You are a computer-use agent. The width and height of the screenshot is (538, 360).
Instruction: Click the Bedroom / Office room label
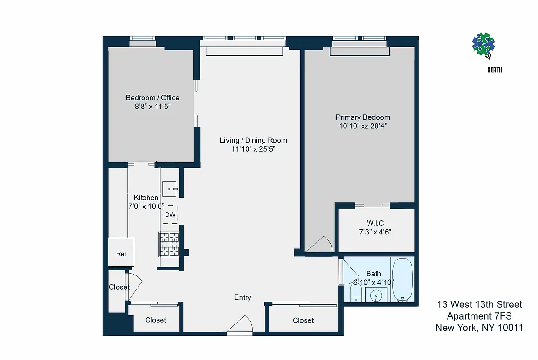[x=152, y=98]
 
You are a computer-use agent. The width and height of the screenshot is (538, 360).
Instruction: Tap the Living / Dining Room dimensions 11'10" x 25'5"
[x=253, y=149]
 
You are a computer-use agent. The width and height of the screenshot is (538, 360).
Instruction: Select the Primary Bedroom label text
[x=363, y=117]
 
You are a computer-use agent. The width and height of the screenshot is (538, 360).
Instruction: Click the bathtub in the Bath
[x=403, y=279]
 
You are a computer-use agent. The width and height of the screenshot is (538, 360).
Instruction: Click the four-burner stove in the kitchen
[x=168, y=244]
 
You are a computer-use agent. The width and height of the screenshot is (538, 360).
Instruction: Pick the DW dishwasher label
[x=170, y=215]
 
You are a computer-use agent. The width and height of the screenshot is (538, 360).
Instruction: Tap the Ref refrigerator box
[x=121, y=253]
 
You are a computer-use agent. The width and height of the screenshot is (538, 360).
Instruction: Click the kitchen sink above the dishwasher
[x=171, y=189]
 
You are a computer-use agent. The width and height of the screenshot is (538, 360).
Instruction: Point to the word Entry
[x=242, y=297]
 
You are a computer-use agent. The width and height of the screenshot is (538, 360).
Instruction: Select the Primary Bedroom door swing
[x=319, y=245]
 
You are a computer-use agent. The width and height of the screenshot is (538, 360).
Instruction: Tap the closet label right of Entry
[x=303, y=320]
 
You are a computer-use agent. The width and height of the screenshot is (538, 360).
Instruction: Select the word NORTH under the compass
[x=494, y=70]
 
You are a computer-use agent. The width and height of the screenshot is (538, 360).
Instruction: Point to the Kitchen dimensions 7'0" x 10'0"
[x=146, y=207]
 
